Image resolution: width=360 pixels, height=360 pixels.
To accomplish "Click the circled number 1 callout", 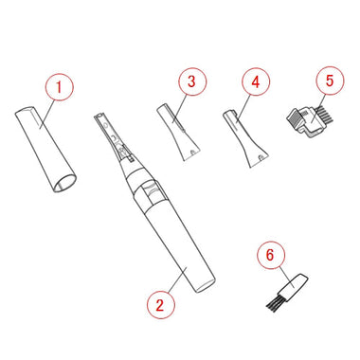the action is [59, 86].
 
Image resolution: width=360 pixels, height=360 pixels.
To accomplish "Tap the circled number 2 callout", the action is [160, 305].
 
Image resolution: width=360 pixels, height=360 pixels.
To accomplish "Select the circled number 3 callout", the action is [192, 81].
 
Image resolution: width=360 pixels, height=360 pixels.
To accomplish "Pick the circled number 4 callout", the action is [256, 81].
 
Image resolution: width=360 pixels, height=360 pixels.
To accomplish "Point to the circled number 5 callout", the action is [330, 81].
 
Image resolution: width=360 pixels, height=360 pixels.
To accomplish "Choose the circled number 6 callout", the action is [271, 255].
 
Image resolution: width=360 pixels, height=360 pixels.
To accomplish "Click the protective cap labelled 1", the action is [45, 150].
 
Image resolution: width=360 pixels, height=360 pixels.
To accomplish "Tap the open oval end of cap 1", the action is [64, 183].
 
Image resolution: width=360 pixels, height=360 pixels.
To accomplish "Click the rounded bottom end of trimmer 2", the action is [206, 286].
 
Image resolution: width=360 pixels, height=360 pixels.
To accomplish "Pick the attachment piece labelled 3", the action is [179, 132].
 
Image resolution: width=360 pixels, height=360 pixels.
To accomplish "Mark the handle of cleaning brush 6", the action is [294, 286].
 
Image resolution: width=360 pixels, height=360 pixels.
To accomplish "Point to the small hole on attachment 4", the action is [260, 156].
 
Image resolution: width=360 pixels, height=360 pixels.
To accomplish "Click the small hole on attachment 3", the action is [191, 152].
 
